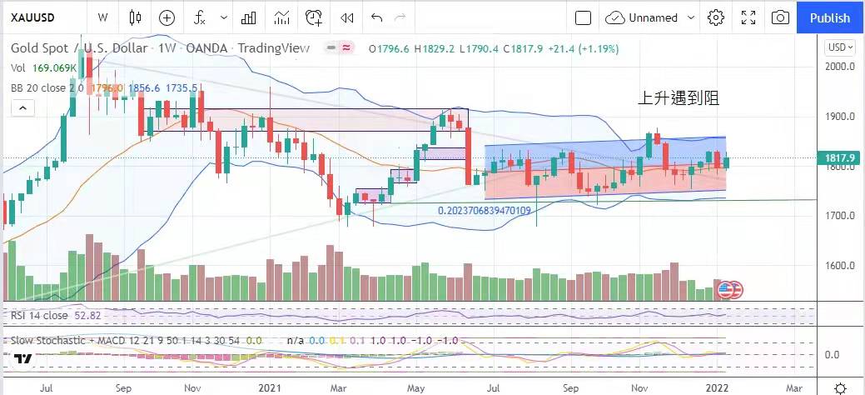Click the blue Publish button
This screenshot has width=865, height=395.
click(x=829, y=17)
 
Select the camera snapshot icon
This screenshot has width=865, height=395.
click(x=780, y=17)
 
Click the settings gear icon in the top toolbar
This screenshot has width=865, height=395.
click(x=715, y=17)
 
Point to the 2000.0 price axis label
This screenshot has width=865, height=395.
click(x=841, y=67)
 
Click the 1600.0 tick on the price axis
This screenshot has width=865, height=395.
click(x=841, y=267)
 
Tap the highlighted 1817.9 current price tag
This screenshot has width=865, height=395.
click(x=842, y=157)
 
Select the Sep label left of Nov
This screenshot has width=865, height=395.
click(x=124, y=387)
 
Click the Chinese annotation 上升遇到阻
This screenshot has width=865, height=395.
click(x=678, y=98)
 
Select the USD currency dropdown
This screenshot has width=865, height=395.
click(x=838, y=47)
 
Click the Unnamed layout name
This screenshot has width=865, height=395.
click(x=654, y=17)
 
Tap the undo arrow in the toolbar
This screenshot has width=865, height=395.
click(x=376, y=17)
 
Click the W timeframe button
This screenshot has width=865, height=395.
click(x=102, y=17)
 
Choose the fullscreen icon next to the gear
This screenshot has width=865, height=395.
click(x=748, y=17)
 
